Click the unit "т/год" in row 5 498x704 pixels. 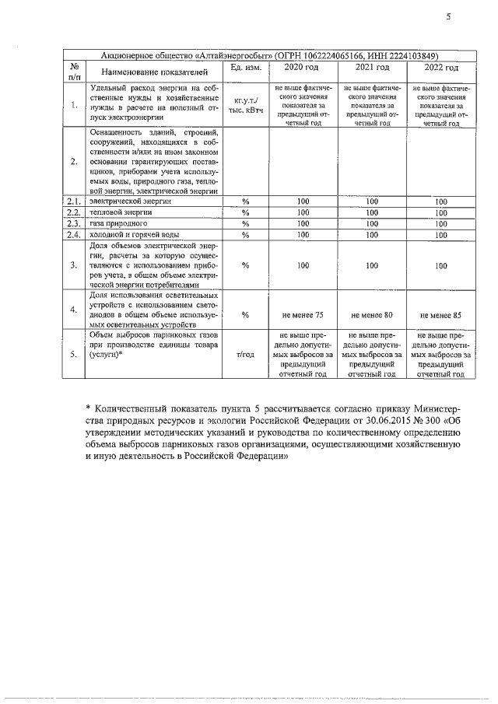(x=244, y=354)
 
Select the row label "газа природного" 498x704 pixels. (x=117, y=223)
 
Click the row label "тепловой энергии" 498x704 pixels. (x=121, y=212)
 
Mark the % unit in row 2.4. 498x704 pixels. (x=244, y=235)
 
